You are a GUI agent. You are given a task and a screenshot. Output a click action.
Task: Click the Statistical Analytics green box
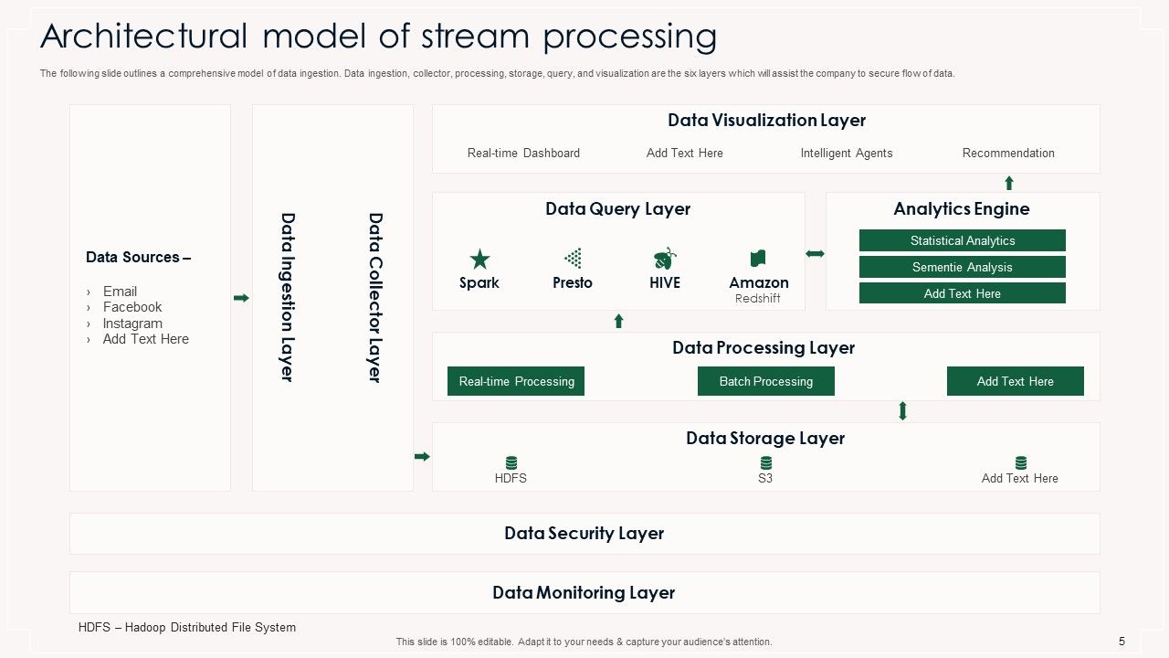(x=962, y=240)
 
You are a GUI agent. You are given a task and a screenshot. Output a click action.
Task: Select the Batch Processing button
(x=765, y=381)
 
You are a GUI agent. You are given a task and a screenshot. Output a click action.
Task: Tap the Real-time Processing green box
(x=516, y=381)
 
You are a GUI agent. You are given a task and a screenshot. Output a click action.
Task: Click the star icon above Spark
(x=479, y=259)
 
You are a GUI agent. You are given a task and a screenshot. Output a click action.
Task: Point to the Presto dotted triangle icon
(x=573, y=258)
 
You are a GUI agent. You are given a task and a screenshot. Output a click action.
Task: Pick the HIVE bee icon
(x=665, y=258)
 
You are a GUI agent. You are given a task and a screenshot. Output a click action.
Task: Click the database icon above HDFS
(x=511, y=462)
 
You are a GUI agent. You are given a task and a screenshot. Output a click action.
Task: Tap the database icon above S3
(x=765, y=462)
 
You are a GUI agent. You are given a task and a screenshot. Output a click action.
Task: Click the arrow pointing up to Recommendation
(x=1009, y=183)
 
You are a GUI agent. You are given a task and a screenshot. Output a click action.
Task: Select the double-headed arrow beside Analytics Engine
(x=815, y=253)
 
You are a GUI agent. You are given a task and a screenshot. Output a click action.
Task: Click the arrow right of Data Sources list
(x=241, y=298)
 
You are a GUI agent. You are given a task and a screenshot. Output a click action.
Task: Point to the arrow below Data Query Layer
(x=618, y=321)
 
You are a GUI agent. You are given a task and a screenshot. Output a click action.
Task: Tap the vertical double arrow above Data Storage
(x=902, y=411)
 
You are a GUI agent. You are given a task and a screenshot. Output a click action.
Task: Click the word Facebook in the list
(x=132, y=307)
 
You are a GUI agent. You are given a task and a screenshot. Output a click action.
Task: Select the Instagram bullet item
(x=132, y=324)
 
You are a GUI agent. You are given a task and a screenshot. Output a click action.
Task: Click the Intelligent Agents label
(x=847, y=154)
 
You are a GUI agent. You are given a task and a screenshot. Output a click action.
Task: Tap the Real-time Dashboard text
(x=523, y=154)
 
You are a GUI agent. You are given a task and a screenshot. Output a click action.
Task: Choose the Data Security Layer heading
(x=584, y=534)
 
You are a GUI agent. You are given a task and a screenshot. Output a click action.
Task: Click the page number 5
(x=1122, y=642)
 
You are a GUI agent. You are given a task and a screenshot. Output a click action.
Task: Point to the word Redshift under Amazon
(x=758, y=299)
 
